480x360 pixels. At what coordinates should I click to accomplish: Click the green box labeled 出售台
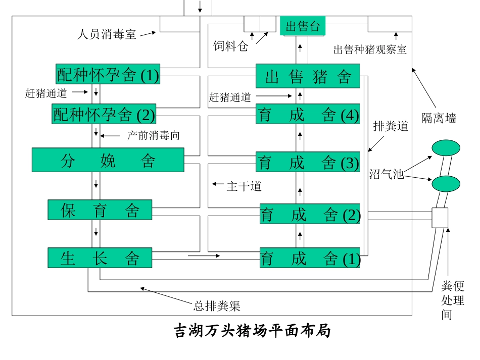click(303, 26)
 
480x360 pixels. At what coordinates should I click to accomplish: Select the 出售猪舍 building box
click(308, 77)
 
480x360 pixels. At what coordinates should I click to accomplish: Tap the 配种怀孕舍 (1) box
click(108, 75)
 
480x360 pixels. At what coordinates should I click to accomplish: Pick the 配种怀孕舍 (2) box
click(104, 115)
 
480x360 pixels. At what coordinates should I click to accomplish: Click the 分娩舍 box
click(108, 160)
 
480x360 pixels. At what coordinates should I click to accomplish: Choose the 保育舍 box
click(100, 210)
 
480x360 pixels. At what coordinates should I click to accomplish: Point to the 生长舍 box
click(100, 258)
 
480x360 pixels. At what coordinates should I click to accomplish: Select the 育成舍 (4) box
click(308, 115)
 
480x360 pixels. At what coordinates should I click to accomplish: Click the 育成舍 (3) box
click(308, 162)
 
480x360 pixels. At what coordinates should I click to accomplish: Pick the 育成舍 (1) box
click(310, 258)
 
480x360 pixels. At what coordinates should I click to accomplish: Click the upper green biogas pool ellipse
click(446, 148)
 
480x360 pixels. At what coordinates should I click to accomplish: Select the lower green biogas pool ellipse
click(446, 183)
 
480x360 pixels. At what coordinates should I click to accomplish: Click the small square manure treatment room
click(440, 218)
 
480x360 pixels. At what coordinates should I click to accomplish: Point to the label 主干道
click(244, 186)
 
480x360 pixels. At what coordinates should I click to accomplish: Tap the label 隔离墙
click(439, 119)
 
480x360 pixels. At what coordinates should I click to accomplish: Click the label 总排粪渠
click(217, 305)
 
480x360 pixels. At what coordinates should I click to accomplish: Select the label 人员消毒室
click(107, 34)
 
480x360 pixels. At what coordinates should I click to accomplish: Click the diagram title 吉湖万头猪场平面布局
click(252, 331)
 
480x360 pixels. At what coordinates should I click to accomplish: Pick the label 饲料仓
click(231, 46)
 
